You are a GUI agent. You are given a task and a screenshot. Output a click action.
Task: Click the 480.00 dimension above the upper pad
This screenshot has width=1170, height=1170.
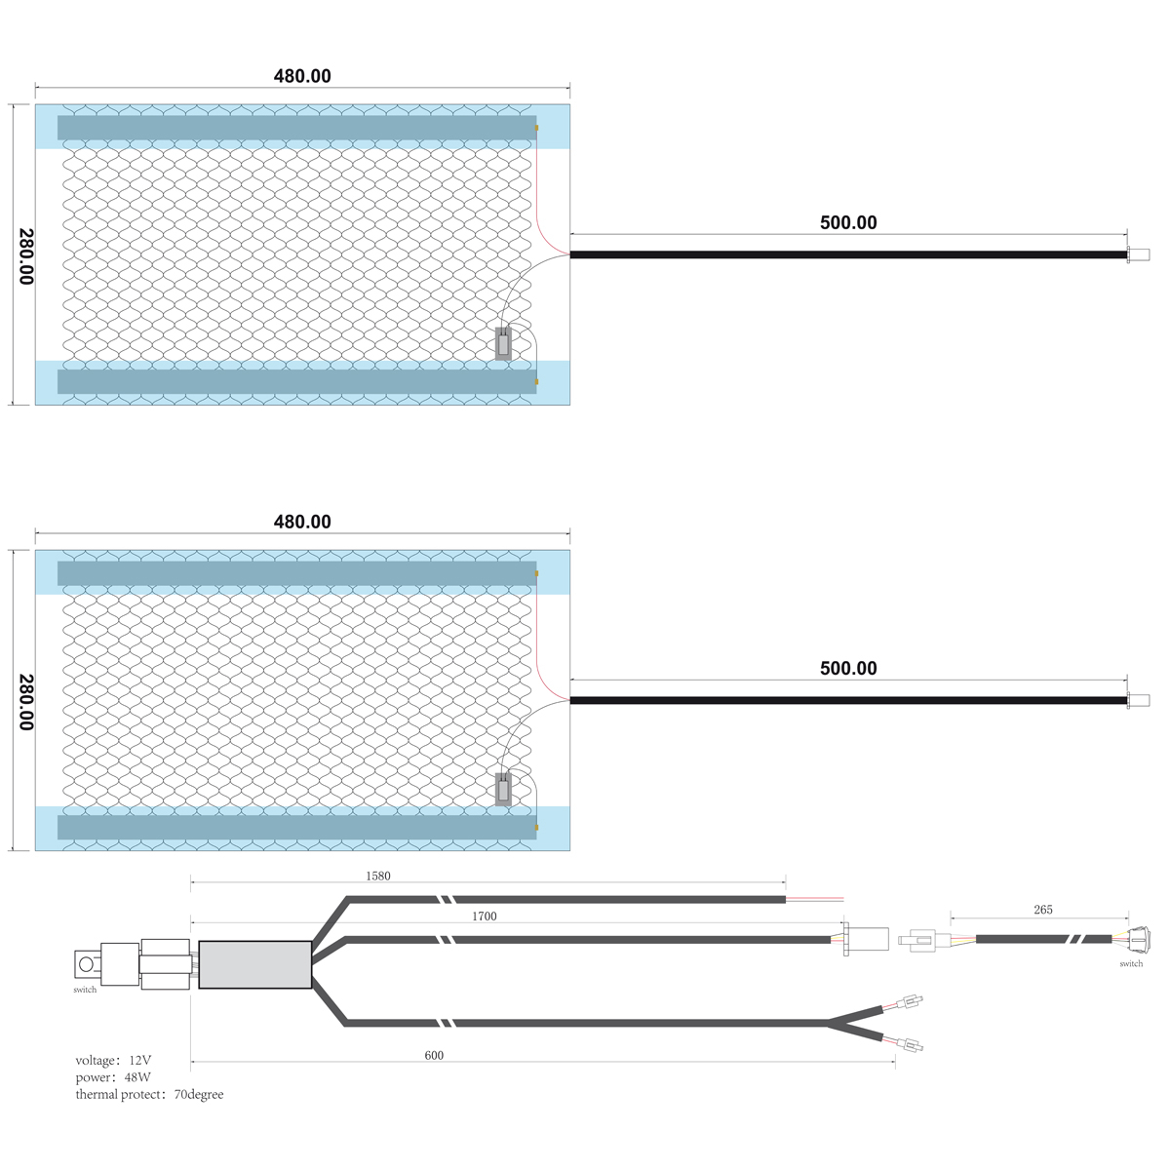point(302,76)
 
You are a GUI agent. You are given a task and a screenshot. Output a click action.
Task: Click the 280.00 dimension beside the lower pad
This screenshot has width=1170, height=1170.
point(26,702)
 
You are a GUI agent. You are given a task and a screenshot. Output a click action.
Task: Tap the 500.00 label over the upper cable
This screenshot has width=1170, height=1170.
point(848,222)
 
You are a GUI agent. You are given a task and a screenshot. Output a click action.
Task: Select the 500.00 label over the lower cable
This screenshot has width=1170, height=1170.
point(848,668)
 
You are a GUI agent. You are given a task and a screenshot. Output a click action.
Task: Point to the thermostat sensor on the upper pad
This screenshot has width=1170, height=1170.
point(503,343)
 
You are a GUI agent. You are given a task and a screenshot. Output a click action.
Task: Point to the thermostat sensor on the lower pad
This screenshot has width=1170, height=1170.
point(503,790)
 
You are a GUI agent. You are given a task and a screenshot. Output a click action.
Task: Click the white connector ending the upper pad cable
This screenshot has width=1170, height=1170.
point(1138,255)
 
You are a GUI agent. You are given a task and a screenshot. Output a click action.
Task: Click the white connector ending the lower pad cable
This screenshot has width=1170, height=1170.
point(1138,701)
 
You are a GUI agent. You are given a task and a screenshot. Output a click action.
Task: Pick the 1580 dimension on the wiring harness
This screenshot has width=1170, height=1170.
point(377,877)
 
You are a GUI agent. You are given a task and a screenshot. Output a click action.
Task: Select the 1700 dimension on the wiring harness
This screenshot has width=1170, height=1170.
point(484,916)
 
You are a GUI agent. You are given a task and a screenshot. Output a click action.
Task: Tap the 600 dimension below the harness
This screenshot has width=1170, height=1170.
point(434,1055)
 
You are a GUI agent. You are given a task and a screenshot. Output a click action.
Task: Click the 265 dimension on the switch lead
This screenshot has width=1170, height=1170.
point(1042,910)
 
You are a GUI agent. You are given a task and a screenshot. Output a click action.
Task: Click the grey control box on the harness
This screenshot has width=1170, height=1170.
point(255,965)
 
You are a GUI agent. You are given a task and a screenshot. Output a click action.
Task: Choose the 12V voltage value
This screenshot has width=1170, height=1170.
point(139,1060)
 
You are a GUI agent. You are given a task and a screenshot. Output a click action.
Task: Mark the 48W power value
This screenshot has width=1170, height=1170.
point(137,1077)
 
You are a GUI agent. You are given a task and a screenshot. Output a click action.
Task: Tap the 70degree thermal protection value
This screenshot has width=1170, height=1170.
point(199,1094)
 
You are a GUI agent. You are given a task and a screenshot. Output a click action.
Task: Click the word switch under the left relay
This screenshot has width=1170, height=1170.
point(85,990)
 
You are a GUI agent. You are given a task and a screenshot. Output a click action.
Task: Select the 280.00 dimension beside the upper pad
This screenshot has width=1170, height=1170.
point(26,256)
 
